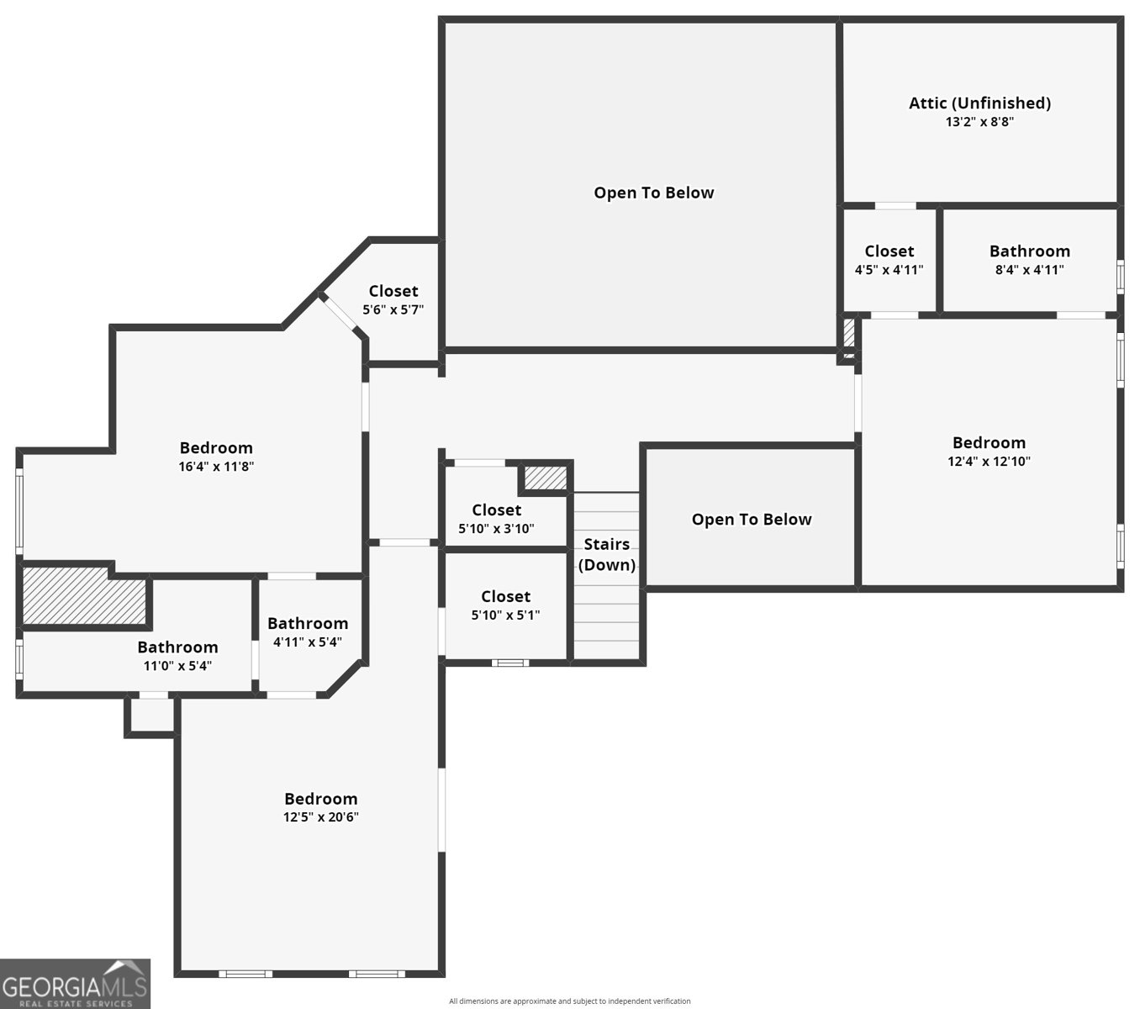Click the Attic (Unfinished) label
pyautogui.click(x=979, y=103)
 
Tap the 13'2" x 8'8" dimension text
pyautogui.click(x=979, y=122)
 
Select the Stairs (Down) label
pyautogui.click(x=607, y=554)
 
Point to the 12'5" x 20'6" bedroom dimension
pyautogui.click(x=321, y=816)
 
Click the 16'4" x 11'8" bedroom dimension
pyautogui.click(x=216, y=466)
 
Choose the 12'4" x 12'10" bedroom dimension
pyautogui.click(x=989, y=461)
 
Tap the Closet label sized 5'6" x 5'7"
pyautogui.click(x=393, y=291)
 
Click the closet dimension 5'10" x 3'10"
pyautogui.click(x=496, y=528)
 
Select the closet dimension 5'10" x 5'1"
pyautogui.click(x=505, y=615)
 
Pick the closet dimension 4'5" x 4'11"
pyautogui.click(x=889, y=270)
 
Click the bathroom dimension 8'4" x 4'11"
pyautogui.click(x=1029, y=270)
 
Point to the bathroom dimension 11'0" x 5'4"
pyautogui.click(x=177, y=666)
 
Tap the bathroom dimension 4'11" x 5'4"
pyautogui.click(x=307, y=642)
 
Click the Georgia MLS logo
pyautogui.click(x=75, y=983)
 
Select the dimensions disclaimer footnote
pyautogui.click(x=569, y=1001)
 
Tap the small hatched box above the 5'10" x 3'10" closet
pyautogui.click(x=546, y=478)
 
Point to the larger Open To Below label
pyautogui.click(x=654, y=193)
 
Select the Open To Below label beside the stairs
pyautogui.click(x=752, y=519)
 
